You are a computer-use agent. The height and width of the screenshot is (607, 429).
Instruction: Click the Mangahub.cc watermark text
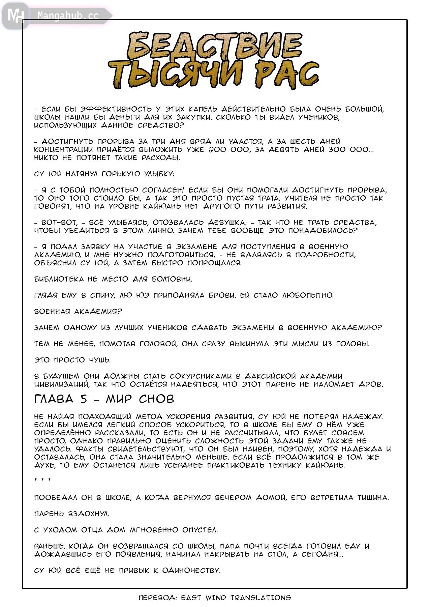(68, 16)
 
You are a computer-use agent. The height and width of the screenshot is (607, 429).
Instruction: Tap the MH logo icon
(16, 16)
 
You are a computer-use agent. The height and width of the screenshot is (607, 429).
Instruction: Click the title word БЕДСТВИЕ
(215, 46)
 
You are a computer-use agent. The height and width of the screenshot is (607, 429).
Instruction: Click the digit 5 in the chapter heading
(84, 399)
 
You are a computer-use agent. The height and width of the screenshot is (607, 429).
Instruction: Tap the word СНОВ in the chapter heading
(156, 399)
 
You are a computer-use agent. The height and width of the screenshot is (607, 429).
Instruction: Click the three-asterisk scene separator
(42, 480)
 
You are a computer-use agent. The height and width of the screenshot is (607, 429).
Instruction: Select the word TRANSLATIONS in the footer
(261, 598)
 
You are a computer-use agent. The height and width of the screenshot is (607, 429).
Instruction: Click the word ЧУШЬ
(100, 360)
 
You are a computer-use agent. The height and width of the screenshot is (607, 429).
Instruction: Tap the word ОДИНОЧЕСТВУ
(191, 570)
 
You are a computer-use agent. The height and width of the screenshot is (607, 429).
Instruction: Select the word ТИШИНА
(373, 497)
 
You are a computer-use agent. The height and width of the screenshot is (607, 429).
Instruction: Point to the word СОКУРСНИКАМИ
(201, 376)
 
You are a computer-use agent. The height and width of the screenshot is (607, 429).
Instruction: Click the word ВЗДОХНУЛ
(89, 514)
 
